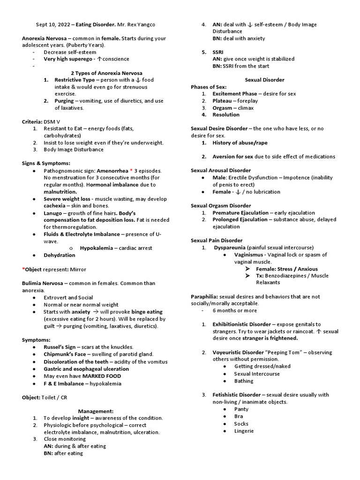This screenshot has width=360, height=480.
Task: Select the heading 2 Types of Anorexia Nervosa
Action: [x=106, y=73]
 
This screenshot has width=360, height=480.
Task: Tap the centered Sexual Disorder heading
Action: [x=265, y=80]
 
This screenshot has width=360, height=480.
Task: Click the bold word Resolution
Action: [x=226, y=115]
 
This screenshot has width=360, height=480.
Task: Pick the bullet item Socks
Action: [x=241, y=424]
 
